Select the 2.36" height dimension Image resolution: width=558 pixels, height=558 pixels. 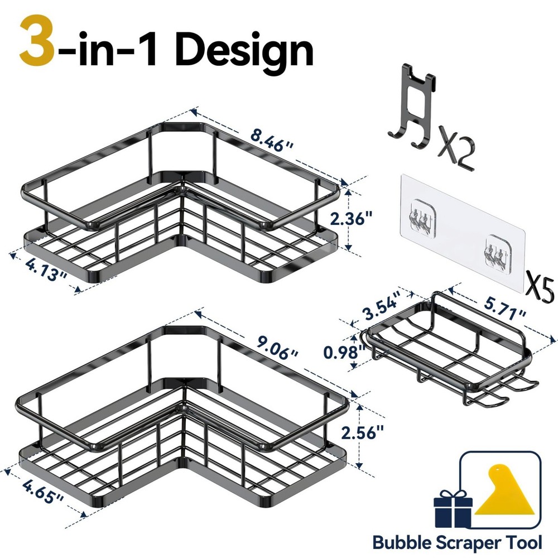(x=367, y=218)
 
